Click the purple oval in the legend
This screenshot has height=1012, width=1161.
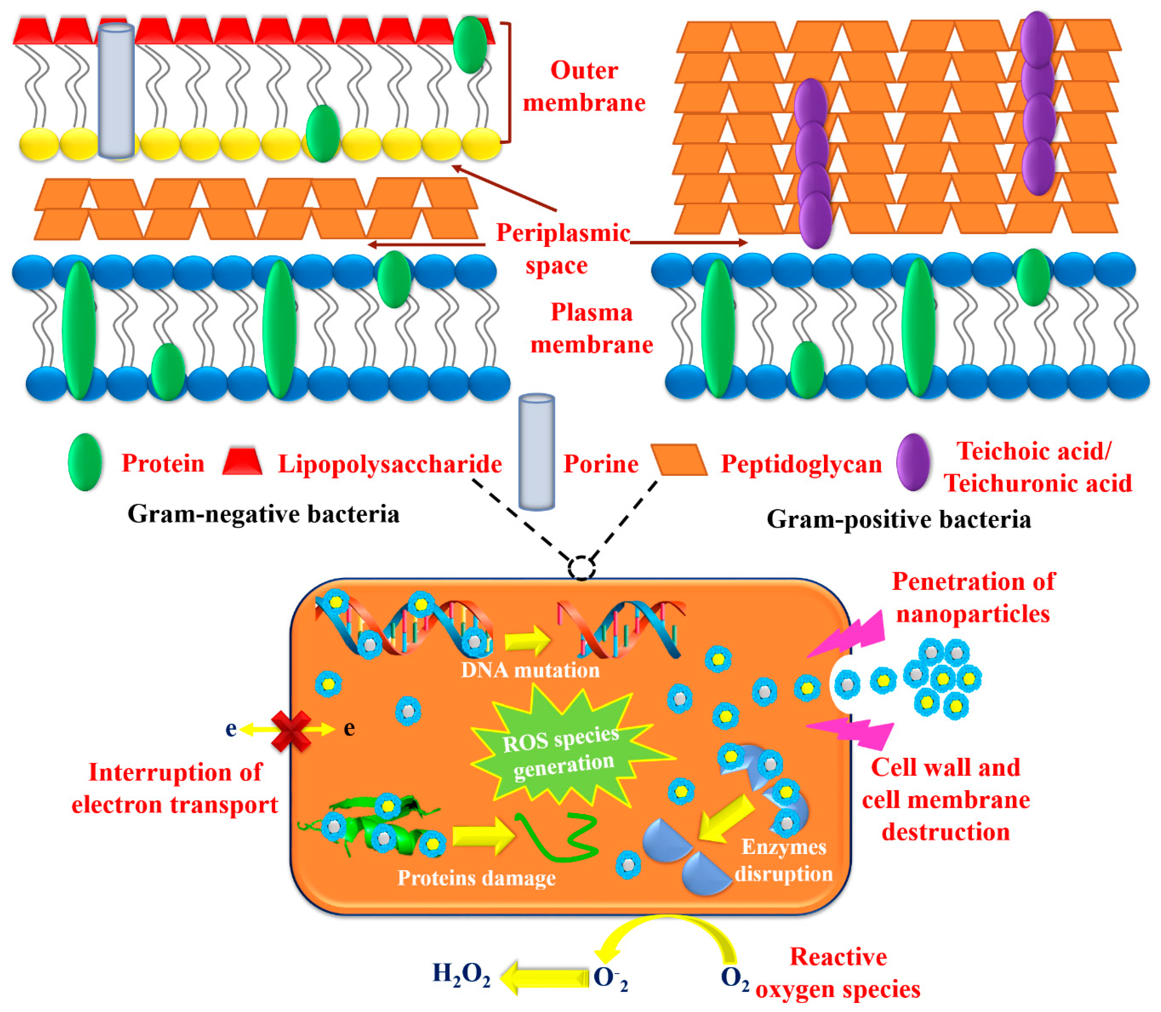pyautogui.click(x=913, y=462)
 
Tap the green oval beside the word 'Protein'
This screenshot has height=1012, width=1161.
pyautogui.click(x=85, y=462)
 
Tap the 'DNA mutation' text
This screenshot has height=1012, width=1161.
pyautogui.click(x=530, y=670)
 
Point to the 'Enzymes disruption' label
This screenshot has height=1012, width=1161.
pyautogui.click(x=783, y=860)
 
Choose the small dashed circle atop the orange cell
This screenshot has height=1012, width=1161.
pyautogui.click(x=581, y=568)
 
